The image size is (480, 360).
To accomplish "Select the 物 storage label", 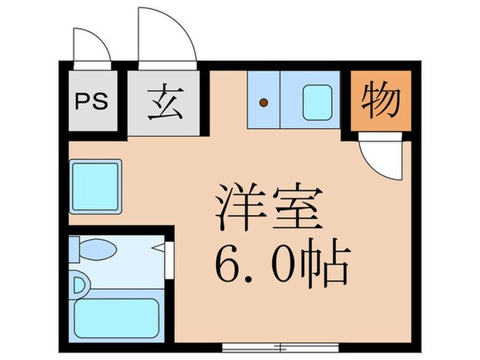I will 380,100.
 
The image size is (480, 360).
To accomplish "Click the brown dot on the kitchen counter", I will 263,102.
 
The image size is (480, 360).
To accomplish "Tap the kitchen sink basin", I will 317,102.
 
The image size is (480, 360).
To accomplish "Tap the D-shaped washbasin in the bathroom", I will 78,285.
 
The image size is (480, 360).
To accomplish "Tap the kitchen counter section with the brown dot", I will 263,101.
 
